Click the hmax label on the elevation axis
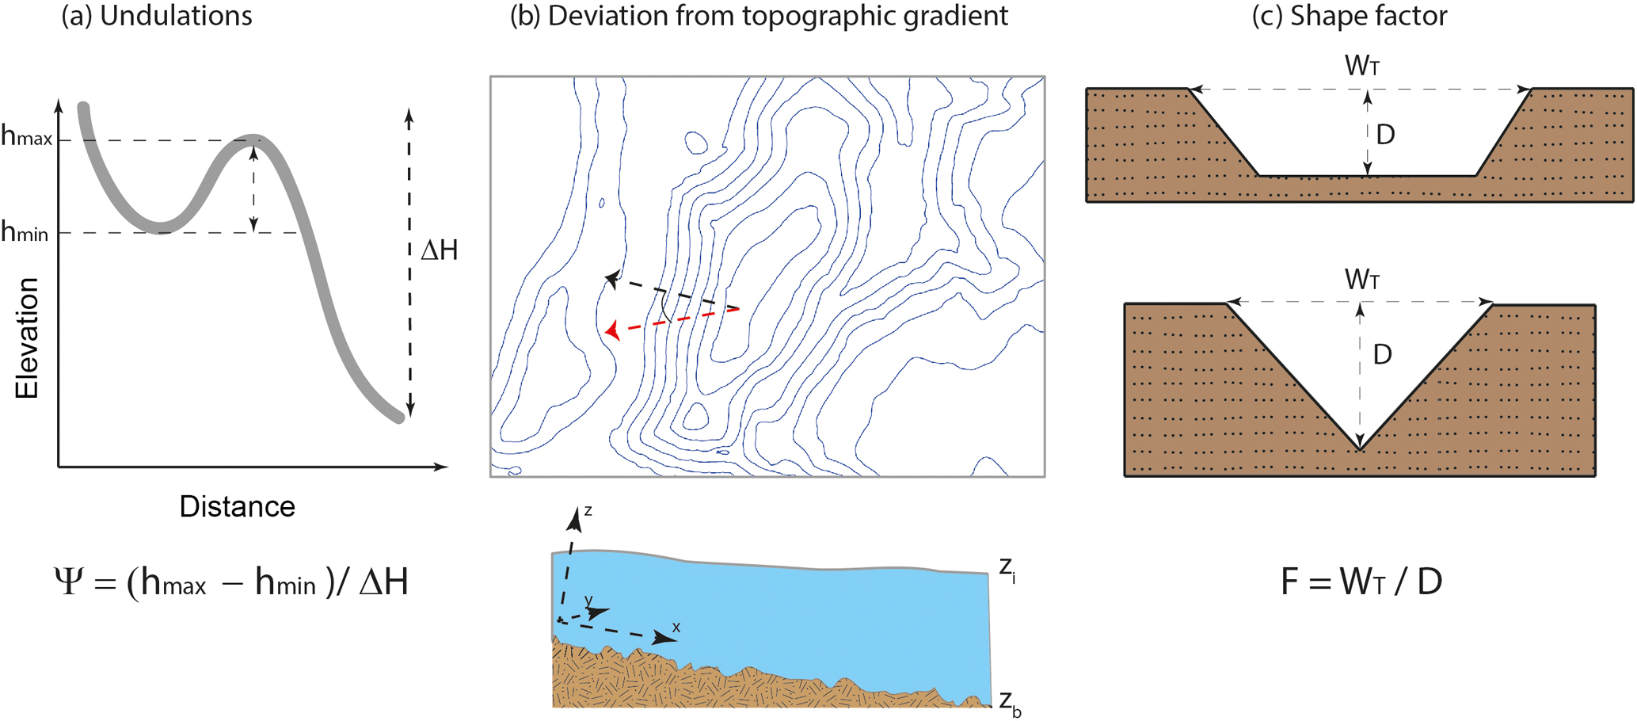26,136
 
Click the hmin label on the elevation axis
25,232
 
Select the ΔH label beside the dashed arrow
440,250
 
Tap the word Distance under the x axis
237,506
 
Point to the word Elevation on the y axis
27,338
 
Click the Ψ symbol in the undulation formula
68,582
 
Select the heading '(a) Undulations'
157,16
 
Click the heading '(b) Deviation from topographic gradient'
758,16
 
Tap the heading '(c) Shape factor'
1349,16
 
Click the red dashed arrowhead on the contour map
611,330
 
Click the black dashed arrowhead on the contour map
611,278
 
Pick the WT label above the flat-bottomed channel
1362,66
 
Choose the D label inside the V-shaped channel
1382,354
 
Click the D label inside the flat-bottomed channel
1385,135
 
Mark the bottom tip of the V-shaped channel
1360,450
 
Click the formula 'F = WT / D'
1361,582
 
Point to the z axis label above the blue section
588,511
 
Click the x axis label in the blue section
676,628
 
